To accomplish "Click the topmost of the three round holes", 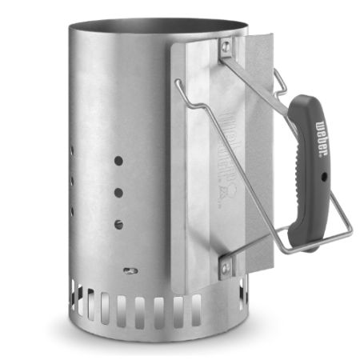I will (x=118, y=161).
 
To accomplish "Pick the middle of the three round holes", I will (x=118, y=193).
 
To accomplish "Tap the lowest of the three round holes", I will (x=118, y=224).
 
